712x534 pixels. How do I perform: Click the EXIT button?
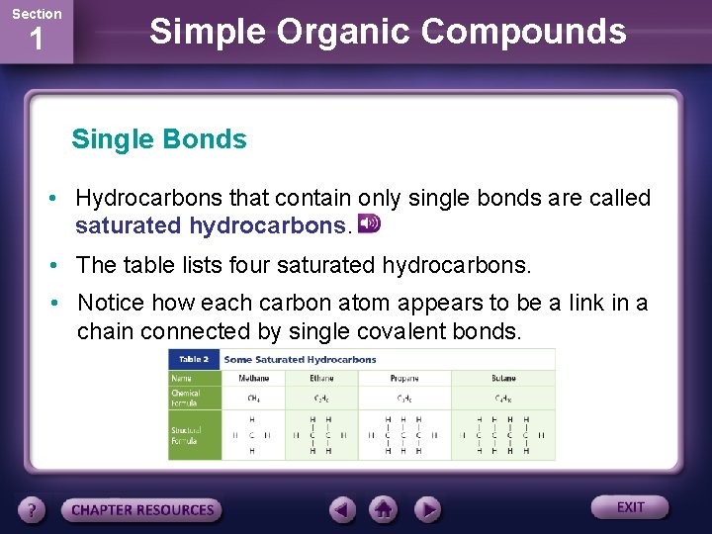point(630,507)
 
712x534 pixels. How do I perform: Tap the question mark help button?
point(32,509)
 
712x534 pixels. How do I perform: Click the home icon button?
point(384,509)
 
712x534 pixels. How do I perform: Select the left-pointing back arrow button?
point(342,509)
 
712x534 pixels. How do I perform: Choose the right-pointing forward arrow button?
point(426,509)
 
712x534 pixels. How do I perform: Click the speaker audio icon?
point(369,223)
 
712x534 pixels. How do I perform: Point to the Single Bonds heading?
point(159,139)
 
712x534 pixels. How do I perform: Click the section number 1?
point(36,41)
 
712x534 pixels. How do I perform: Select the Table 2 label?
point(194,359)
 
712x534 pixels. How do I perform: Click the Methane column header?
point(253,378)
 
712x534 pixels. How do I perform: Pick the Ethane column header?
point(321,378)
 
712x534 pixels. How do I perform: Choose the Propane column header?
point(403,378)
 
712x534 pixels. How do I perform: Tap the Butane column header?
point(503,378)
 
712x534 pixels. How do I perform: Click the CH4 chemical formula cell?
point(253,399)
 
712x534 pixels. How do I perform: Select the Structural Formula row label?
point(186,436)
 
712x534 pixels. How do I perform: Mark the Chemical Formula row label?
point(186,398)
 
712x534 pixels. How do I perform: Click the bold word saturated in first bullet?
point(128,225)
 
